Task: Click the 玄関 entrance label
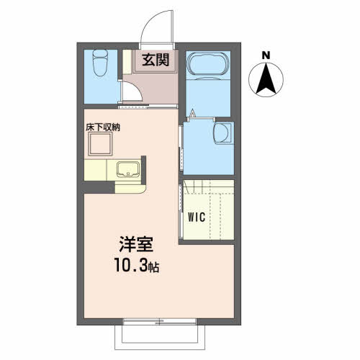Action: (156, 60)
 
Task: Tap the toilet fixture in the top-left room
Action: (100, 63)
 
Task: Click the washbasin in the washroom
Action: (222, 133)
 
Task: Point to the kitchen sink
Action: (127, 169)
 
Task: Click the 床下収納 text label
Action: (103, 127)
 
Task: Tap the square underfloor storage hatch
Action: (100, 144)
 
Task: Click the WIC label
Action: (197, 217)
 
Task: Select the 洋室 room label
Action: (136, 244)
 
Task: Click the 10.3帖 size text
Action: (137, 265)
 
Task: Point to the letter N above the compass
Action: (266, 55)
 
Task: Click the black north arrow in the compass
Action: (266, 78)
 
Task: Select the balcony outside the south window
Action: (160, 337)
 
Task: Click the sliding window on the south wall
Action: (160, 321)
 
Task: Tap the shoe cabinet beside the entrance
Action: (127, 62)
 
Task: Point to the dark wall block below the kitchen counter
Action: (99, 187)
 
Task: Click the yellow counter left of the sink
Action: (95, 170)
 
